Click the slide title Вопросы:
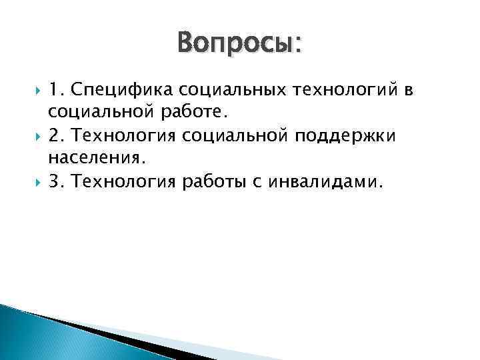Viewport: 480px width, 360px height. point(239,45)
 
